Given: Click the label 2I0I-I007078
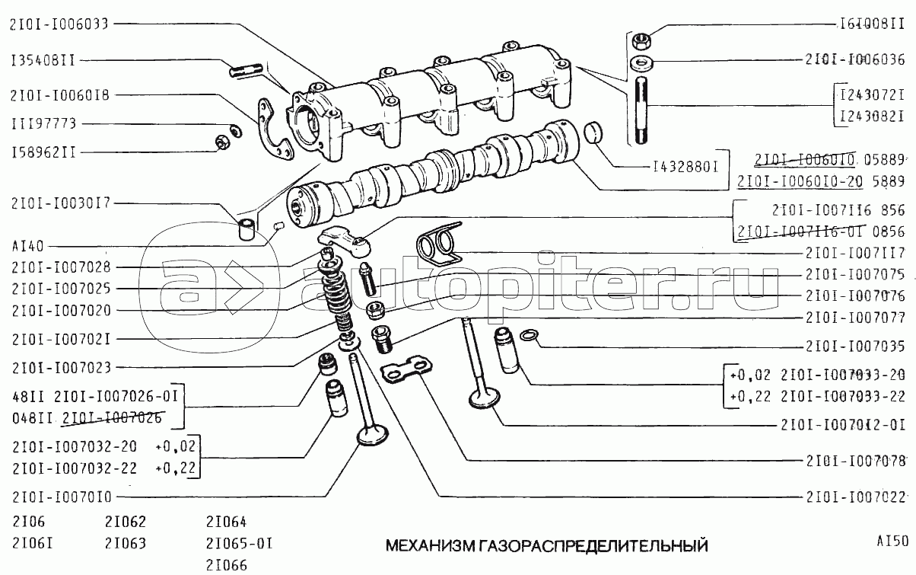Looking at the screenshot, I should click(854, 461).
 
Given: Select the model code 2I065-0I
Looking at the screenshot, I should click(239, 544).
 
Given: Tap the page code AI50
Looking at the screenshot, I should click(891, 541).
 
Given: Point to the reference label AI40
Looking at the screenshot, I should click(27, 246).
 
